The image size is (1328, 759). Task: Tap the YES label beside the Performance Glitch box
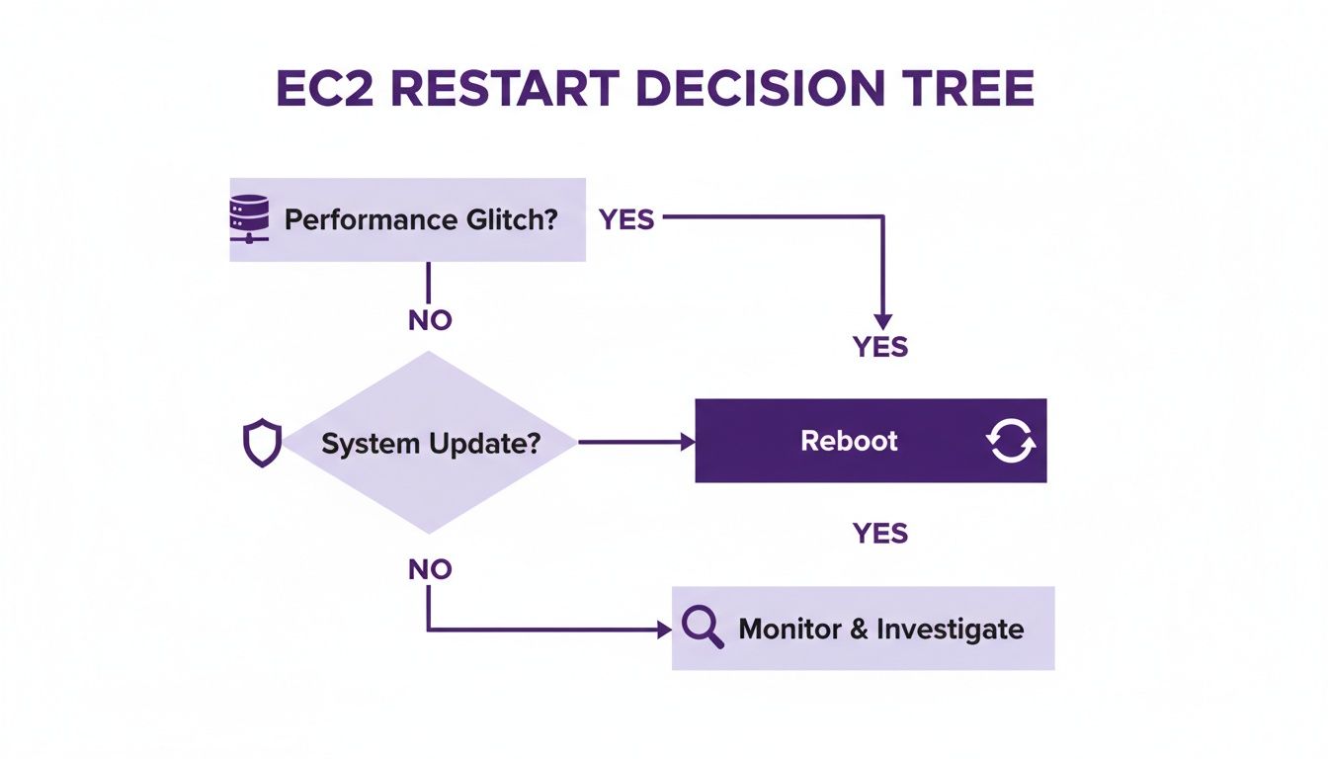626,219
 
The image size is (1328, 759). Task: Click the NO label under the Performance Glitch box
429,320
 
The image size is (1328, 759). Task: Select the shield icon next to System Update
262,443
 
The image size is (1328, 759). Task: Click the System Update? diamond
430,443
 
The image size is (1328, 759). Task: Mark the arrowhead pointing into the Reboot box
688,443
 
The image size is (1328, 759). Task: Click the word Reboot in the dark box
849,441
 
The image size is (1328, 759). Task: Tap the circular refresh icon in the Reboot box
1011,441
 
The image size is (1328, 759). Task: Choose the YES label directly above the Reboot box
879,347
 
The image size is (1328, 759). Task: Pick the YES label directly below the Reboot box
879,534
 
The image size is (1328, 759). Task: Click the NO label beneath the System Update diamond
429,569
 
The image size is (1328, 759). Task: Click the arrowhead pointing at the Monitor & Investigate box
664,630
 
